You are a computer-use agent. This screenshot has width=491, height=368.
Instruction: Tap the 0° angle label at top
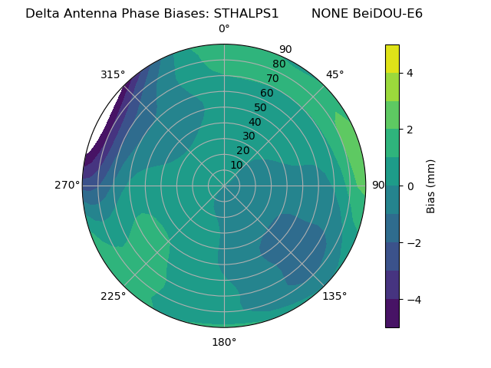pyautogui.click(x=224, y=29)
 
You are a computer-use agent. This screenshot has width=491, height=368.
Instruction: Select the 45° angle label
pyautogui.click(x=334, y=74)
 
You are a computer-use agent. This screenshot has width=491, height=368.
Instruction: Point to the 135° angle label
pyautogui.click(x=334, y=296)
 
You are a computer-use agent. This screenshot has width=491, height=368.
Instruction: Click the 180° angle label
pyautogui.click(x=224, y=342)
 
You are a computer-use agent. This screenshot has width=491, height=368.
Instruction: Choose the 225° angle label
pyautogui.click(x=113, y=296)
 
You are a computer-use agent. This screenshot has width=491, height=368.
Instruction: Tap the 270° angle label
pyautogui.click(x=67, y=185)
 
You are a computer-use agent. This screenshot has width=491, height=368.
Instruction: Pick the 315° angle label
pyautogui.click(x=113, y=74)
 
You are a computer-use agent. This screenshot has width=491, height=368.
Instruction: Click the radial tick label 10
pyautogui.click(x=237, y=165)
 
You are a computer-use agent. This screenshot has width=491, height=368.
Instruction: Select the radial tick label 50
pyautogui.click(x=261, y=108)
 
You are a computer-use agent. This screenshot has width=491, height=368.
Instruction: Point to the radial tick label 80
pyautogui.click(x=279, y=64)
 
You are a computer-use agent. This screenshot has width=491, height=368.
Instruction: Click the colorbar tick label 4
pyautogui.click(x=410, y=73)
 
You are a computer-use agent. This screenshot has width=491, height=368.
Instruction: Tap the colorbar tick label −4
pyautogui.click(x=410, y=299)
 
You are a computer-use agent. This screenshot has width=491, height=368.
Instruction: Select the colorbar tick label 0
pyautogui.click(x=410, y=186)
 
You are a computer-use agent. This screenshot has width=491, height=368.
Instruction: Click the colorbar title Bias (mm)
pyautogui.click(x=431, y=186)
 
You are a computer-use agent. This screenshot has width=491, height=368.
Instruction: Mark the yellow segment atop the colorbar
pyautogui.click(x=392, y=58)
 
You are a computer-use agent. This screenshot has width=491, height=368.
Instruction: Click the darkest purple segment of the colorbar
pyautogui.click(x=392, y=314)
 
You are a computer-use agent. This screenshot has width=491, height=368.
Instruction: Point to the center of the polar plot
pyautogui.click(x=224, y=186)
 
